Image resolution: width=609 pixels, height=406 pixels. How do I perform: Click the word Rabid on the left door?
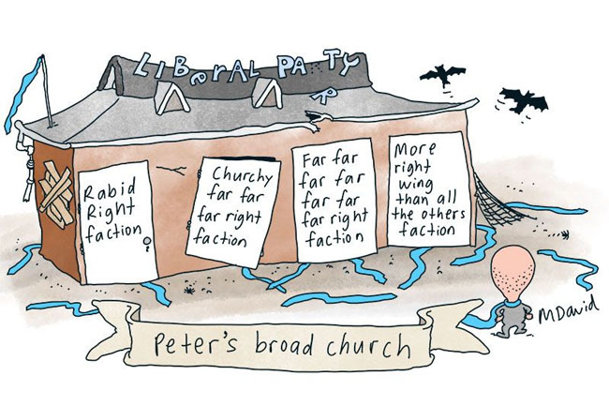click(105, 191)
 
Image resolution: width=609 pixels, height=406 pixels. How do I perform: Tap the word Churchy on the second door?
click(242, 175)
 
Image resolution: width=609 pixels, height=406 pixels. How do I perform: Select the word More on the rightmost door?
click(413, 149)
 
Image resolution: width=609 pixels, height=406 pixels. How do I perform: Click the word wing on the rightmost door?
click(412, 186)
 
